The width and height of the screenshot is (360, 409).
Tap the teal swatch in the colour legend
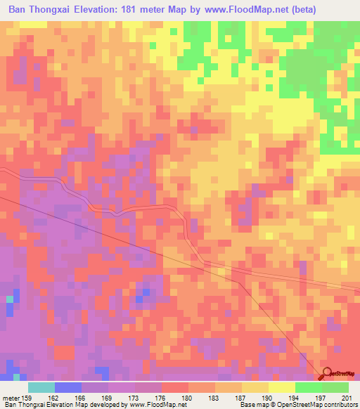point(41,387)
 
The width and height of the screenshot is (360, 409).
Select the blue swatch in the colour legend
point(67,387)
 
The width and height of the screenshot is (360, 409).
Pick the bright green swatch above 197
point(308,387)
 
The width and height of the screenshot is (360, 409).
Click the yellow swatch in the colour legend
point(281,387)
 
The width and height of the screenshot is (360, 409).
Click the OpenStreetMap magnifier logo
point(326,375)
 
